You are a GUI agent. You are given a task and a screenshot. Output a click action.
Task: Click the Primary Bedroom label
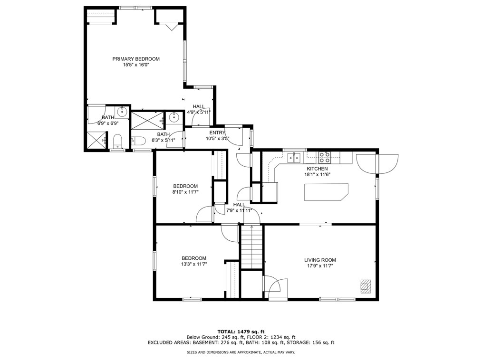pyautogui.click(x=136, y=59)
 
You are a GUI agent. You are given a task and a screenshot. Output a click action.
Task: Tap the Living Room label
pyautogui.click(x=320, y=260)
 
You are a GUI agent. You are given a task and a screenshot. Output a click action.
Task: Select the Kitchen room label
pyautogui.click(x=317, y=169)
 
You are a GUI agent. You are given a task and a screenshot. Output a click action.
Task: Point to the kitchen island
pyautogui.click(x=326, y=192)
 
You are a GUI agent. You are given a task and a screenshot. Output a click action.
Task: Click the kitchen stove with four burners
pyautogui.click(x=324, y=157)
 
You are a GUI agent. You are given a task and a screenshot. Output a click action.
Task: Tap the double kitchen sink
pyautogui.click(x=294, y=158)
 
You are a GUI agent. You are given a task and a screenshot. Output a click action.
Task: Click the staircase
pyautogui.click(x=252, y=247)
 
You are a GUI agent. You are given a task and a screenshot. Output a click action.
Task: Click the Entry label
pyautogui.click(x=217, y=133)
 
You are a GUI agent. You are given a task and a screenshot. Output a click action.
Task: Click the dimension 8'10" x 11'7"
pyautogui.click(x=185, y=192)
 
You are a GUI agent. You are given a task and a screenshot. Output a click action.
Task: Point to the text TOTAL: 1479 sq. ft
pyautogui.click(x=241, y=332)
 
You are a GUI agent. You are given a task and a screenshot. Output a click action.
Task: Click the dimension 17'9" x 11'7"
pyautogui.click(x=320, y=266)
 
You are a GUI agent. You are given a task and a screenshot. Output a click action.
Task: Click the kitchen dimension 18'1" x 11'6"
pyautogui.click(x=317, y=174)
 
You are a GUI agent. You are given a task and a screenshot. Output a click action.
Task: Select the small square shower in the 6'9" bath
pyautogui.click(x=96, y=141)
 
